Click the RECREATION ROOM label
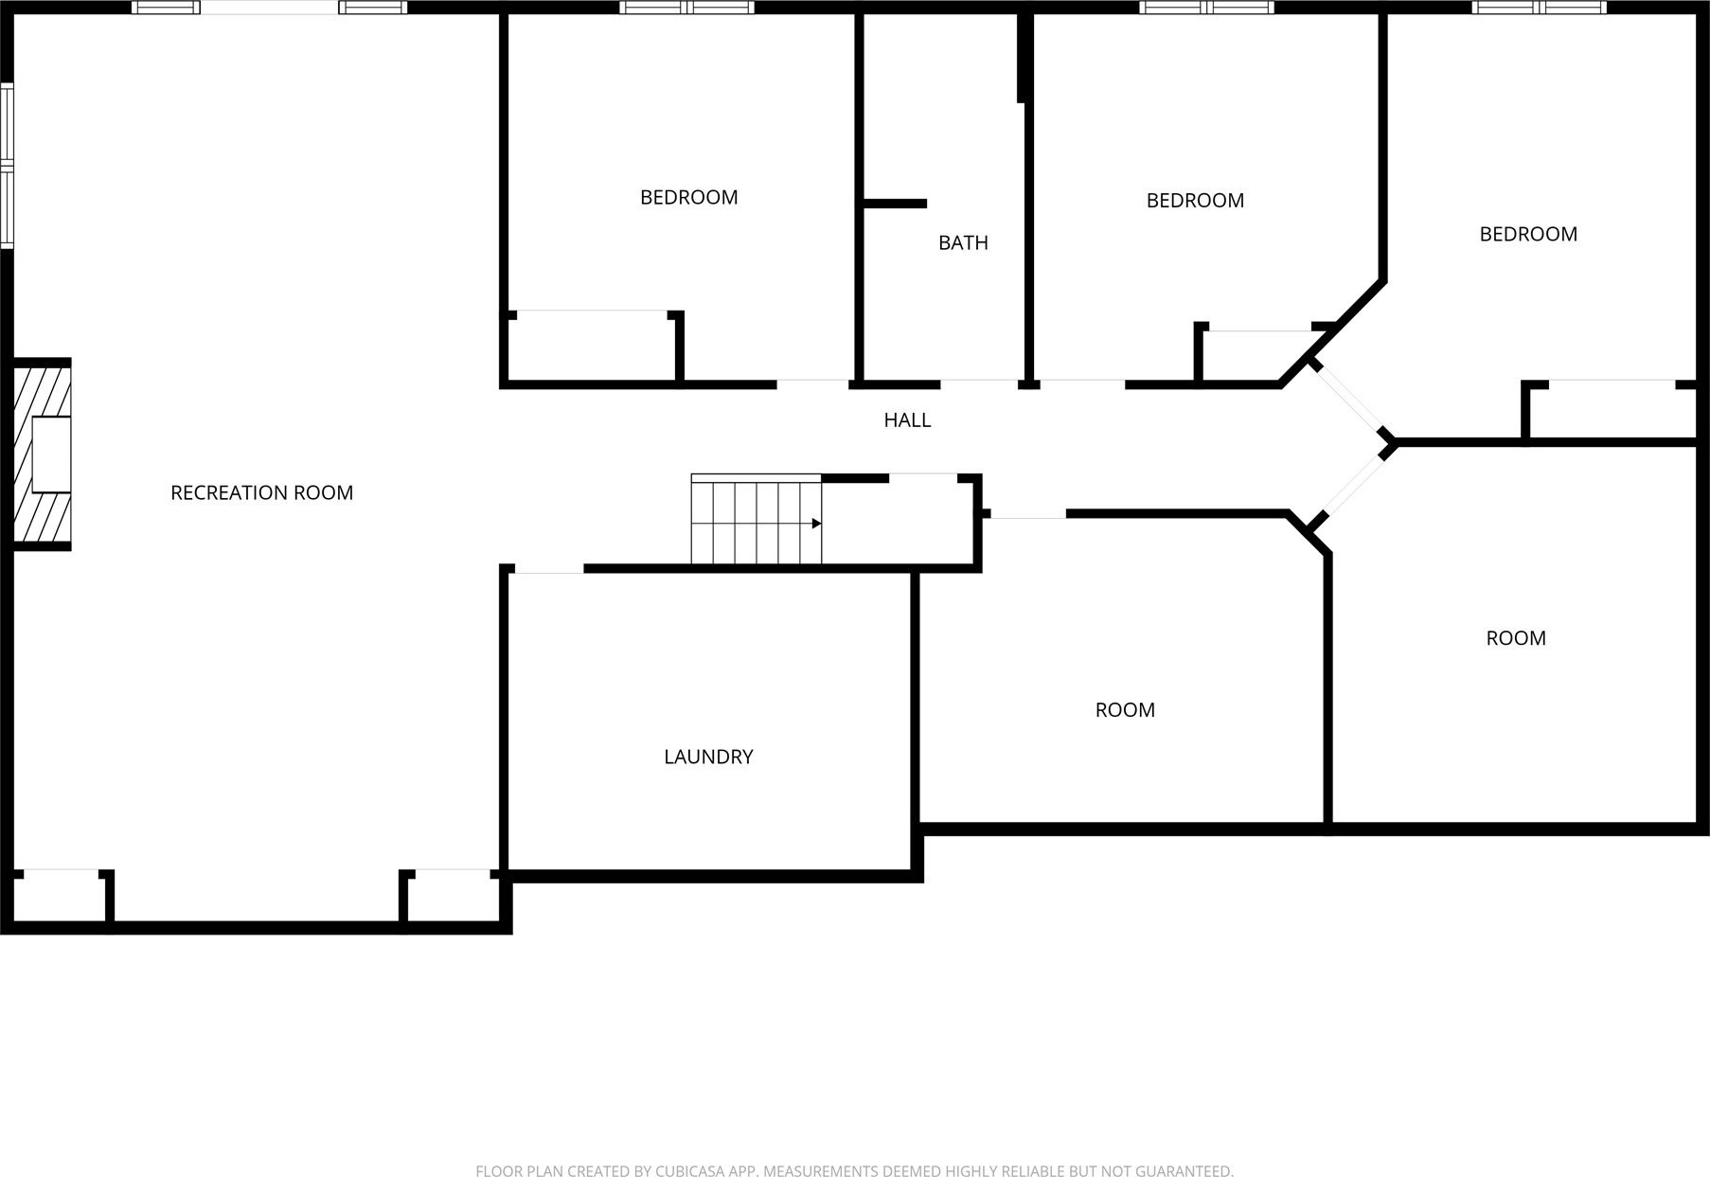pos(261,492)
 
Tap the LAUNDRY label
pos(708,757)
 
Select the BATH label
pos(963,242)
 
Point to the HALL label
pos(907,419)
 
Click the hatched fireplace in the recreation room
pos(42,454)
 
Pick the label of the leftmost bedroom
pos(688,197)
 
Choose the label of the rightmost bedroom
pos(1528,234)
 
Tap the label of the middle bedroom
pos(1195,200)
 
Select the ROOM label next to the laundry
pos(1125,710)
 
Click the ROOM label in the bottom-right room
pos(1516,638)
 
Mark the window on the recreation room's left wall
pos(7,166)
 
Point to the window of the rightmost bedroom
pos(1539,8)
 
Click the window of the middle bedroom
pos(1206,8)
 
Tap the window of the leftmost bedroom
pos(686,8)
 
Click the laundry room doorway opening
pos(548,569)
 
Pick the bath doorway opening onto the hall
pos(979,384)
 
